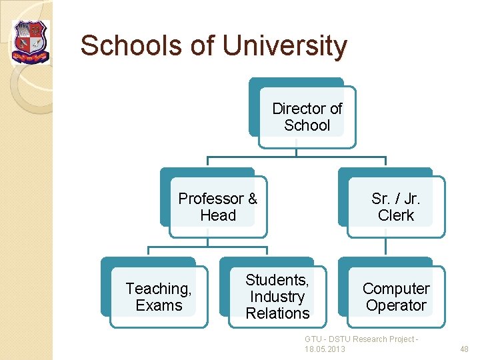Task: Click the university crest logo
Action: [x=31, y=42]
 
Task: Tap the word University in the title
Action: [x=285, y=46]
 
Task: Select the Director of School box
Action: [x=307, y=117]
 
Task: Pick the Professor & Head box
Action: [x=217, y=207]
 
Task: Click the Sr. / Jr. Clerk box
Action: [x=395, y=207]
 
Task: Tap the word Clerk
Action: [x=395, y=215]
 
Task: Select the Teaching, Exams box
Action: [x=158, y=297]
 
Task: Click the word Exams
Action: [x=158, y=305]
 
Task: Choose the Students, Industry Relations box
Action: [x=277, y=297]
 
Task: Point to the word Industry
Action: [x=277, y=297]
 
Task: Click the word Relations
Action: [x=277, y=313]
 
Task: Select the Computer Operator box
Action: [x=395, y=297]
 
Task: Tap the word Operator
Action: [x=395, y=305]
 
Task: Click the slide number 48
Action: [x=465, y=349]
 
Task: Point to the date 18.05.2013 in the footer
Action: [x=325, y=349]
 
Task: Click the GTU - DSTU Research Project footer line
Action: [x=361, y=339]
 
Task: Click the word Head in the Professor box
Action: [x=217, y=215]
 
